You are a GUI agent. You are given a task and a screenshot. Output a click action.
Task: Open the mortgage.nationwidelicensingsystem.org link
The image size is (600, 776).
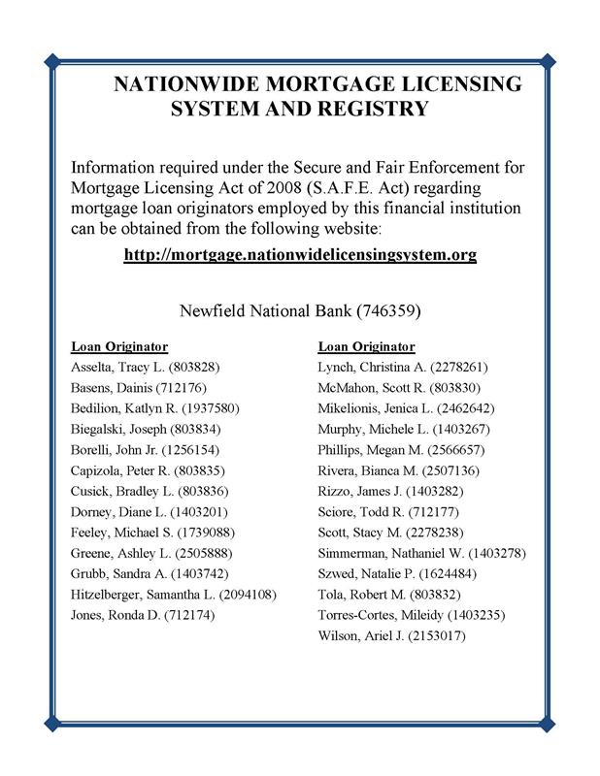click(300, 255)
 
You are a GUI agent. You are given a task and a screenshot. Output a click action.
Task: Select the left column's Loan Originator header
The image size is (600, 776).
click(119, 346)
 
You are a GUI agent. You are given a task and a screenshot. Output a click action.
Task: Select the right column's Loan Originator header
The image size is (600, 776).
click(366, 346)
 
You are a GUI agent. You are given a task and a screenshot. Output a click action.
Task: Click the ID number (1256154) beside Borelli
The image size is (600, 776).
click(190, 450)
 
